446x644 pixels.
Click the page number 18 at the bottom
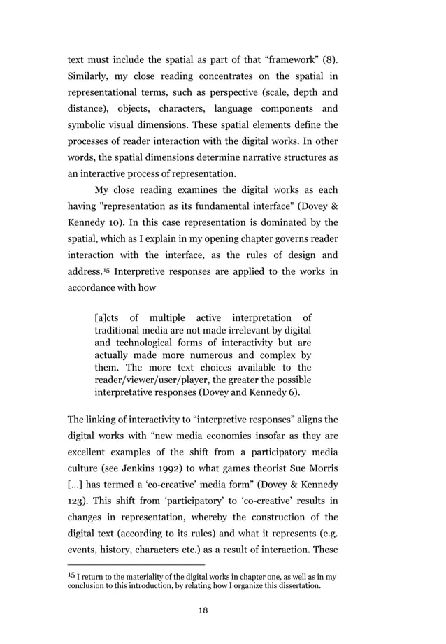tap(203, 610)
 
